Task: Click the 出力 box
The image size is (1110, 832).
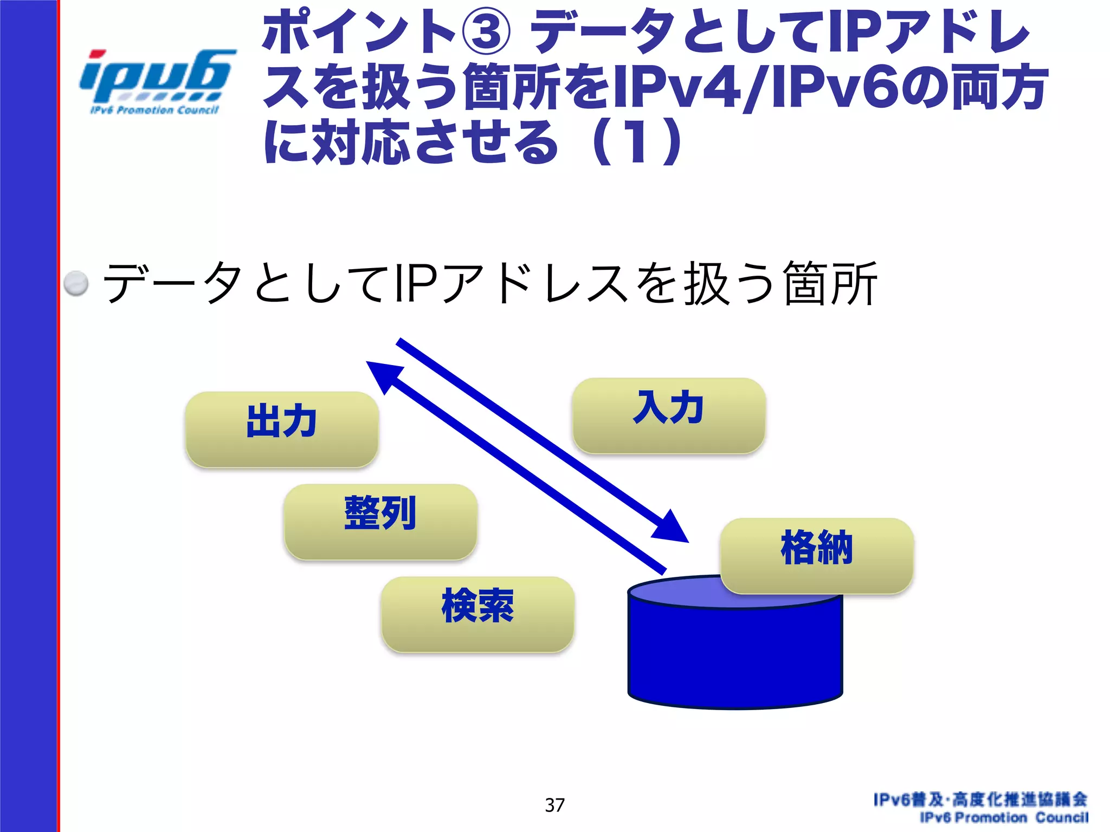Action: click(x=281, y=429)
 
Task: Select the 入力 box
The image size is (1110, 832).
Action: click(x=669, y=415)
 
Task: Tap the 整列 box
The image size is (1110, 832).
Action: click(x=380, y=522)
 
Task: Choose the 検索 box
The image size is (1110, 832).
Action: click(x=477, y=614)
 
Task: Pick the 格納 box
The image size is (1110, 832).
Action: click(x=817, y=556)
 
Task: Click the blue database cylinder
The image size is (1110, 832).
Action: click(x=735, y=655)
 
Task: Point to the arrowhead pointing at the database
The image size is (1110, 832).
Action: click(x=673, y=528)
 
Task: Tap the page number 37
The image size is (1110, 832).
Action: click(x=554, y=805)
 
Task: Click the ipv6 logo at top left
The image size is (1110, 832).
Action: click(x=157, y=76)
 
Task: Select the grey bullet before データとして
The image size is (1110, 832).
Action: click(x=76, y=283)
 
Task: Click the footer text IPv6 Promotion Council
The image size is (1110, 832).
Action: click(x=1003, y=817)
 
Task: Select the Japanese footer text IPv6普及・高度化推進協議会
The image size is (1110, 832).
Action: click(x=980, y=799)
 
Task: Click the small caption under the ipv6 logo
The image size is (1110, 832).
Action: click(x=154, y=110)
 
